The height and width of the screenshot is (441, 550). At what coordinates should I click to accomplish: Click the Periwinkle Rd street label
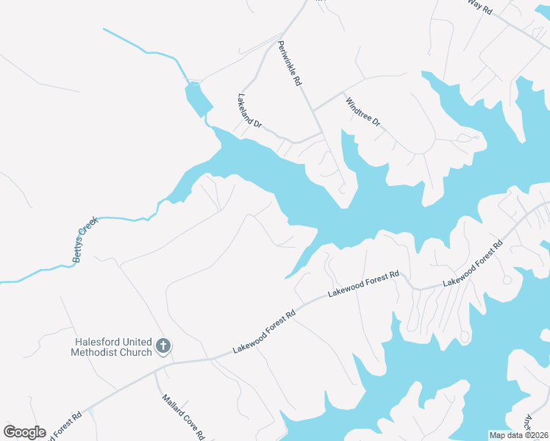click(290, 63)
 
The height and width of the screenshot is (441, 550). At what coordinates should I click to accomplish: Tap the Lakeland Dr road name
click(250, 111)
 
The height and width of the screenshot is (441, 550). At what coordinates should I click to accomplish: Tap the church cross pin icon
click(163, 345)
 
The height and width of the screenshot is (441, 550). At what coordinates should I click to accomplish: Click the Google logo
click(24, 432)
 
